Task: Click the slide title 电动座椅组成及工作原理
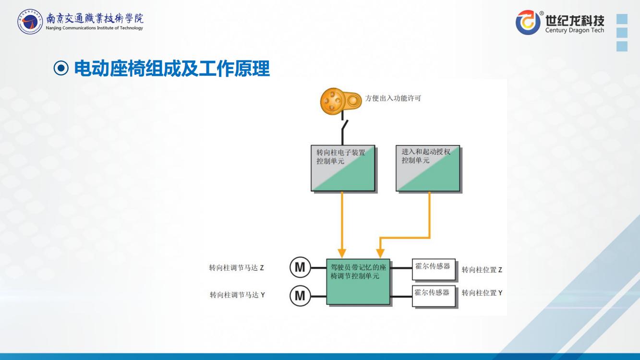(172, 70)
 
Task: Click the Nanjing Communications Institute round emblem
(30, 22)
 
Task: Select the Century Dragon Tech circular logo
(528, 22)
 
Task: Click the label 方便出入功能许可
(393, 98)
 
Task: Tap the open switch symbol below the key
(344, 127)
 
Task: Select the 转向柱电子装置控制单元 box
(343, 169)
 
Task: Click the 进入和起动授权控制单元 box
(428, 168)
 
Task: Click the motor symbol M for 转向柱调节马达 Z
(300, 267)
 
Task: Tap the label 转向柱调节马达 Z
(236, 268)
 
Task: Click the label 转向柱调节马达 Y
(237, 295)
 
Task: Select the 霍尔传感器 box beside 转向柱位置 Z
(433, 269)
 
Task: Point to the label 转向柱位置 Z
(482, 270)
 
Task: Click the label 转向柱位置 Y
(482, 293)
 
